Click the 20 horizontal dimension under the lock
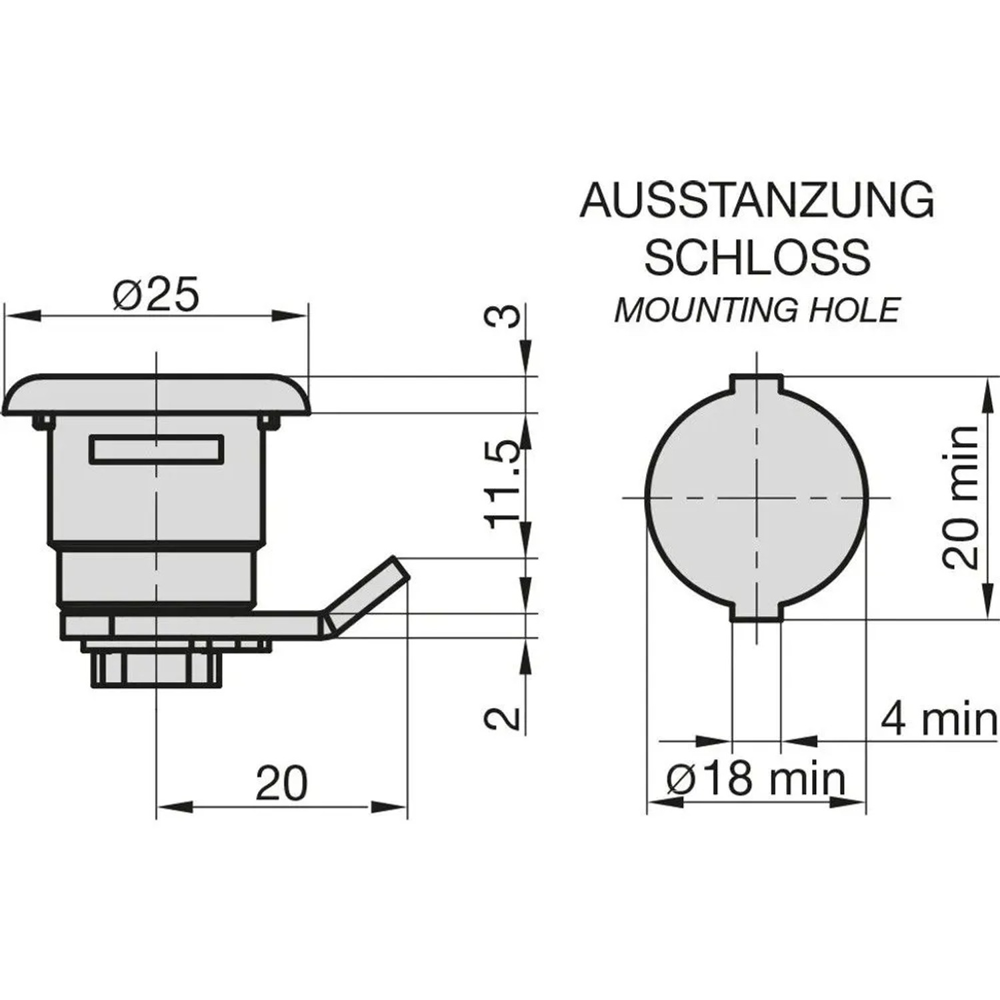pos(281,783)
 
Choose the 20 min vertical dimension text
pos(961,497)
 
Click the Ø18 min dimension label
pos(756,778)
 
